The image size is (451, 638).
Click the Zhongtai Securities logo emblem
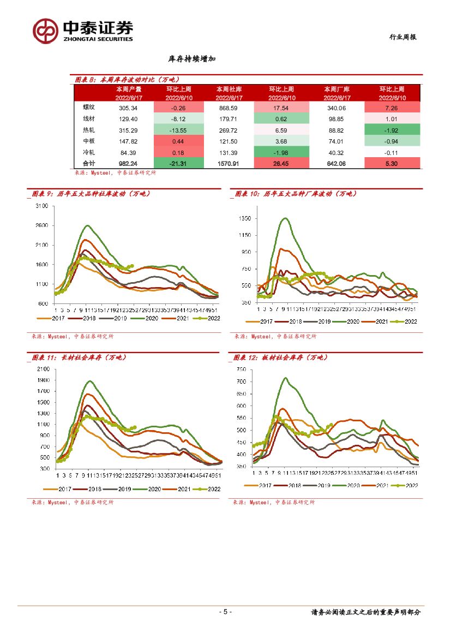pos(45,31)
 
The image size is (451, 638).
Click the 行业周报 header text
pos(402,37)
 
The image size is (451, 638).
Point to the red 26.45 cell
pos(282,163)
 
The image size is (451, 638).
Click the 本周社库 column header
pos(229,88)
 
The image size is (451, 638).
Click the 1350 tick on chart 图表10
pos(244,218)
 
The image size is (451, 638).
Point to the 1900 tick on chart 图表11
pos(43,380)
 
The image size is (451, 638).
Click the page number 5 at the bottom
pos(225,612)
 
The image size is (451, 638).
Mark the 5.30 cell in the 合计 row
pos(393,163)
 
